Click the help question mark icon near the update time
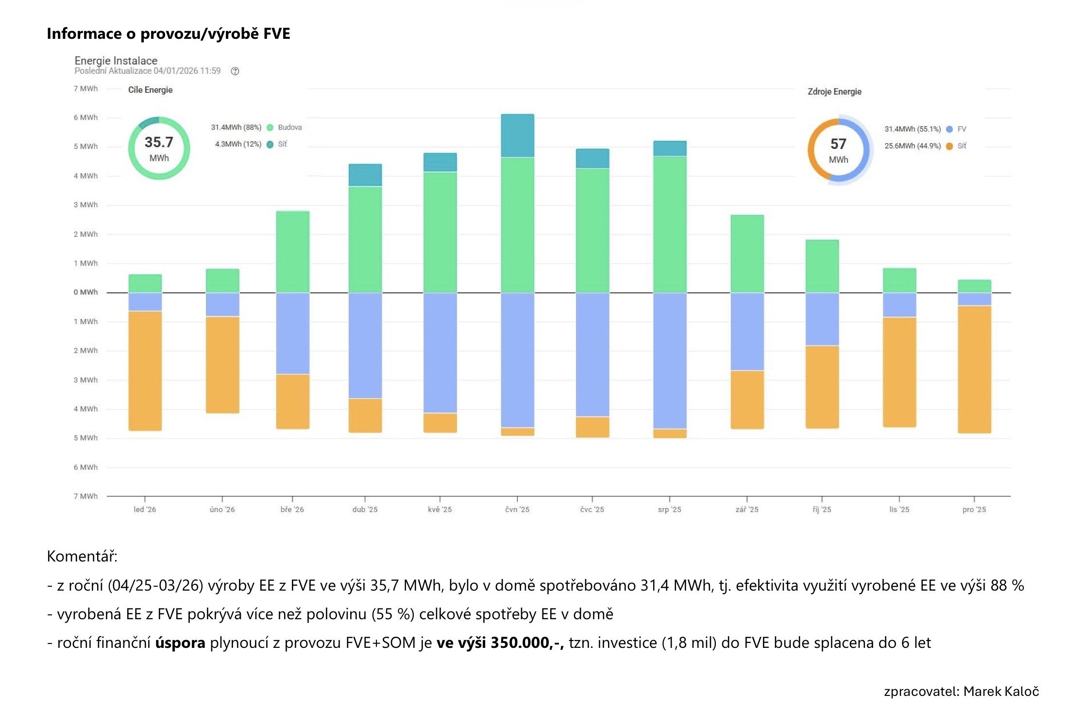[235, 71]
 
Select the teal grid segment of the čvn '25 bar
[517, 136]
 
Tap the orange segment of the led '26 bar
[145, 371]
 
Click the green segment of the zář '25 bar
[747, 253]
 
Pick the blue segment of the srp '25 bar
[670, 361]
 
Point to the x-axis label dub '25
[365, 510]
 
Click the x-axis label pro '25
[974, 510]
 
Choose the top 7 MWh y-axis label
[85, 89]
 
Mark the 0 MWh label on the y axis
[85, 292]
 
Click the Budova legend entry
[289, 128]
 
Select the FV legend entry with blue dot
[961, 129]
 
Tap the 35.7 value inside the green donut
[159, 142]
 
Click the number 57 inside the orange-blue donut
[838, 144]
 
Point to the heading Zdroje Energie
[834, 92]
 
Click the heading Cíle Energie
[150, 90]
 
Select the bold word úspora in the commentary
[180, 643]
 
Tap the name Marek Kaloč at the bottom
[1001, 692]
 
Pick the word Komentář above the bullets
[82, 556]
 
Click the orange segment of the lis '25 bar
[899, 372]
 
